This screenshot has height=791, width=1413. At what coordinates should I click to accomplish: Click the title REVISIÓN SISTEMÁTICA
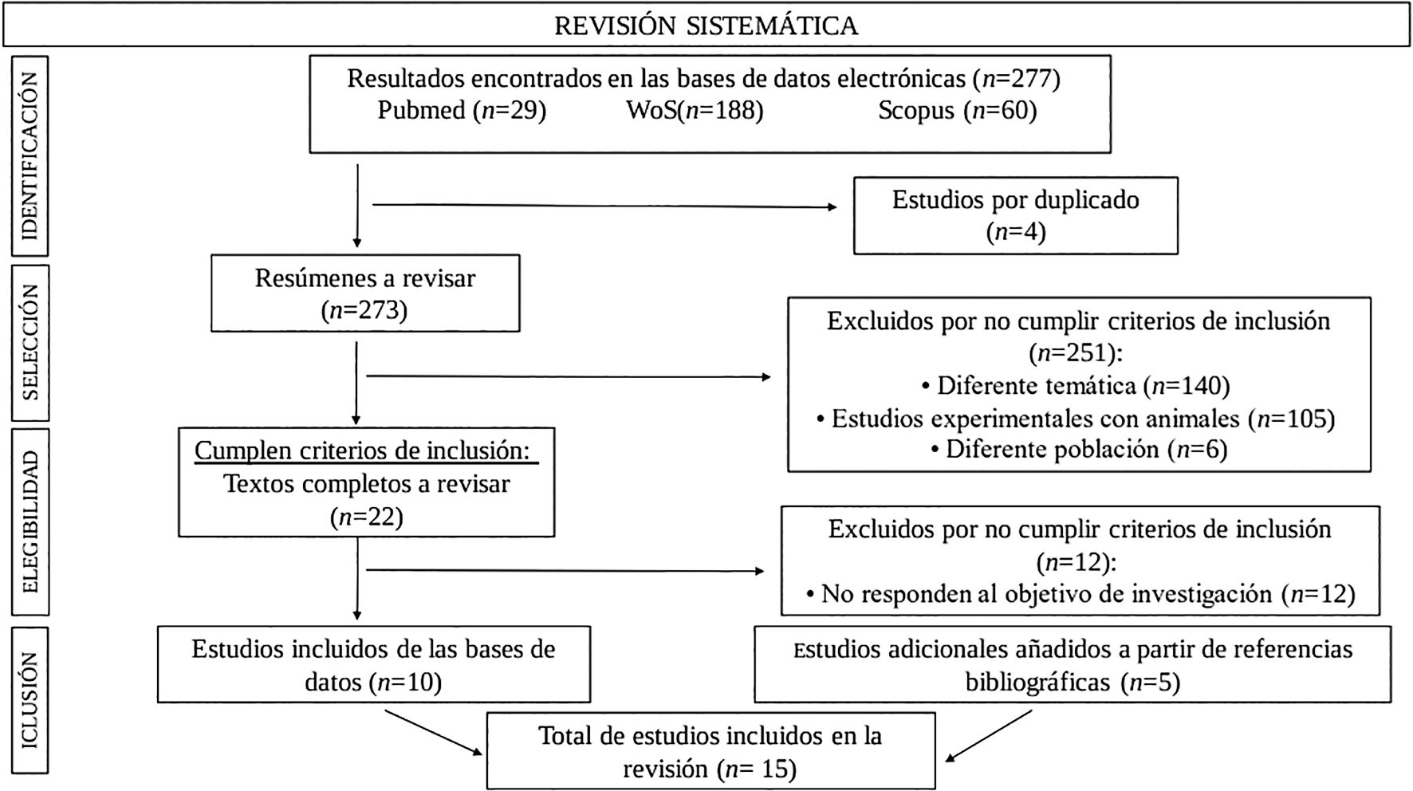pos(706,26)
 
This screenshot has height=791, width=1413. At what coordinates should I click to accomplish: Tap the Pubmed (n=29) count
pos(462,110)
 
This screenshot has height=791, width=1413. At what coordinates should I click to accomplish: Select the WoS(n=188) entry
pos(695,110)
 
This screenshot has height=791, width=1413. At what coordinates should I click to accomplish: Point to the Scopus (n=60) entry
pos(957,110)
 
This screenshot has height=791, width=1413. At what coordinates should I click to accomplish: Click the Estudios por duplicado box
pos(1015,215)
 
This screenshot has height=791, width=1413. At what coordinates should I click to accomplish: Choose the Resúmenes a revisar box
pos(365,293)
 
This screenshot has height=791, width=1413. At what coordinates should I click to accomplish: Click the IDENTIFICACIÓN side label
pos(30,155)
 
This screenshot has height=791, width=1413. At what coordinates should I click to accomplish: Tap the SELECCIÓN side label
pos(30,342)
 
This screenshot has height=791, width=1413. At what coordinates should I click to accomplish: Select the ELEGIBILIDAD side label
pos(30,521)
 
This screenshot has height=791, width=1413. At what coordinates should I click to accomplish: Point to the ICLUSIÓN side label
pos(30,699)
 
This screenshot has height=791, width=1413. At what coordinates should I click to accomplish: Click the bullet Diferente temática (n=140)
pos(1076,386)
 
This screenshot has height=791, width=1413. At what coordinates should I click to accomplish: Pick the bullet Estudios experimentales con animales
pos(1076,419)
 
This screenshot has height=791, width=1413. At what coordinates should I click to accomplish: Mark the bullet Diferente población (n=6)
pos(1078,450)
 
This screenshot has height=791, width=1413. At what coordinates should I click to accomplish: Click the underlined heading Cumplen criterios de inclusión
pos(364,451)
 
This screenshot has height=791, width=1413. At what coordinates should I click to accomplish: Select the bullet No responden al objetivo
pos(1080,594)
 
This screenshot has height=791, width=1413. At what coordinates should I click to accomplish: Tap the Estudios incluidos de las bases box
pos(373,664)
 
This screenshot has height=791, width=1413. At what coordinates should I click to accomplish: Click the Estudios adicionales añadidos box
pos(1073,664)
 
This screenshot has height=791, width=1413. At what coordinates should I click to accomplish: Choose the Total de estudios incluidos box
pos(710,751)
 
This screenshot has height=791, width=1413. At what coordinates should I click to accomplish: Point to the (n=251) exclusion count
pos(1077,353)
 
